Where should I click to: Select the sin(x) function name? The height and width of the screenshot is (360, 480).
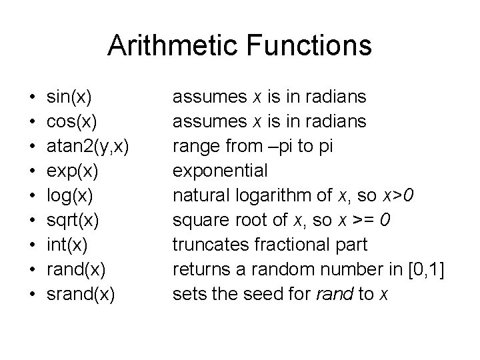[69, 97]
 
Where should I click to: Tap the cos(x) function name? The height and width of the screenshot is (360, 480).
[72, 122]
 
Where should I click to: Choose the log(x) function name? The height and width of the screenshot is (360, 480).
[70, 196]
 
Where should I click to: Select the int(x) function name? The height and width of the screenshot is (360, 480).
[65, 245]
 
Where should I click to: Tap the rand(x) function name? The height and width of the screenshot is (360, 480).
[75, 269]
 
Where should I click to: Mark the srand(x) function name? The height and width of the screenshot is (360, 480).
[79, 294]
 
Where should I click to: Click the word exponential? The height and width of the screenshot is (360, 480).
[220, 171]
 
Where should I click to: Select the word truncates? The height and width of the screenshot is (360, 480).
[212, 245]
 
